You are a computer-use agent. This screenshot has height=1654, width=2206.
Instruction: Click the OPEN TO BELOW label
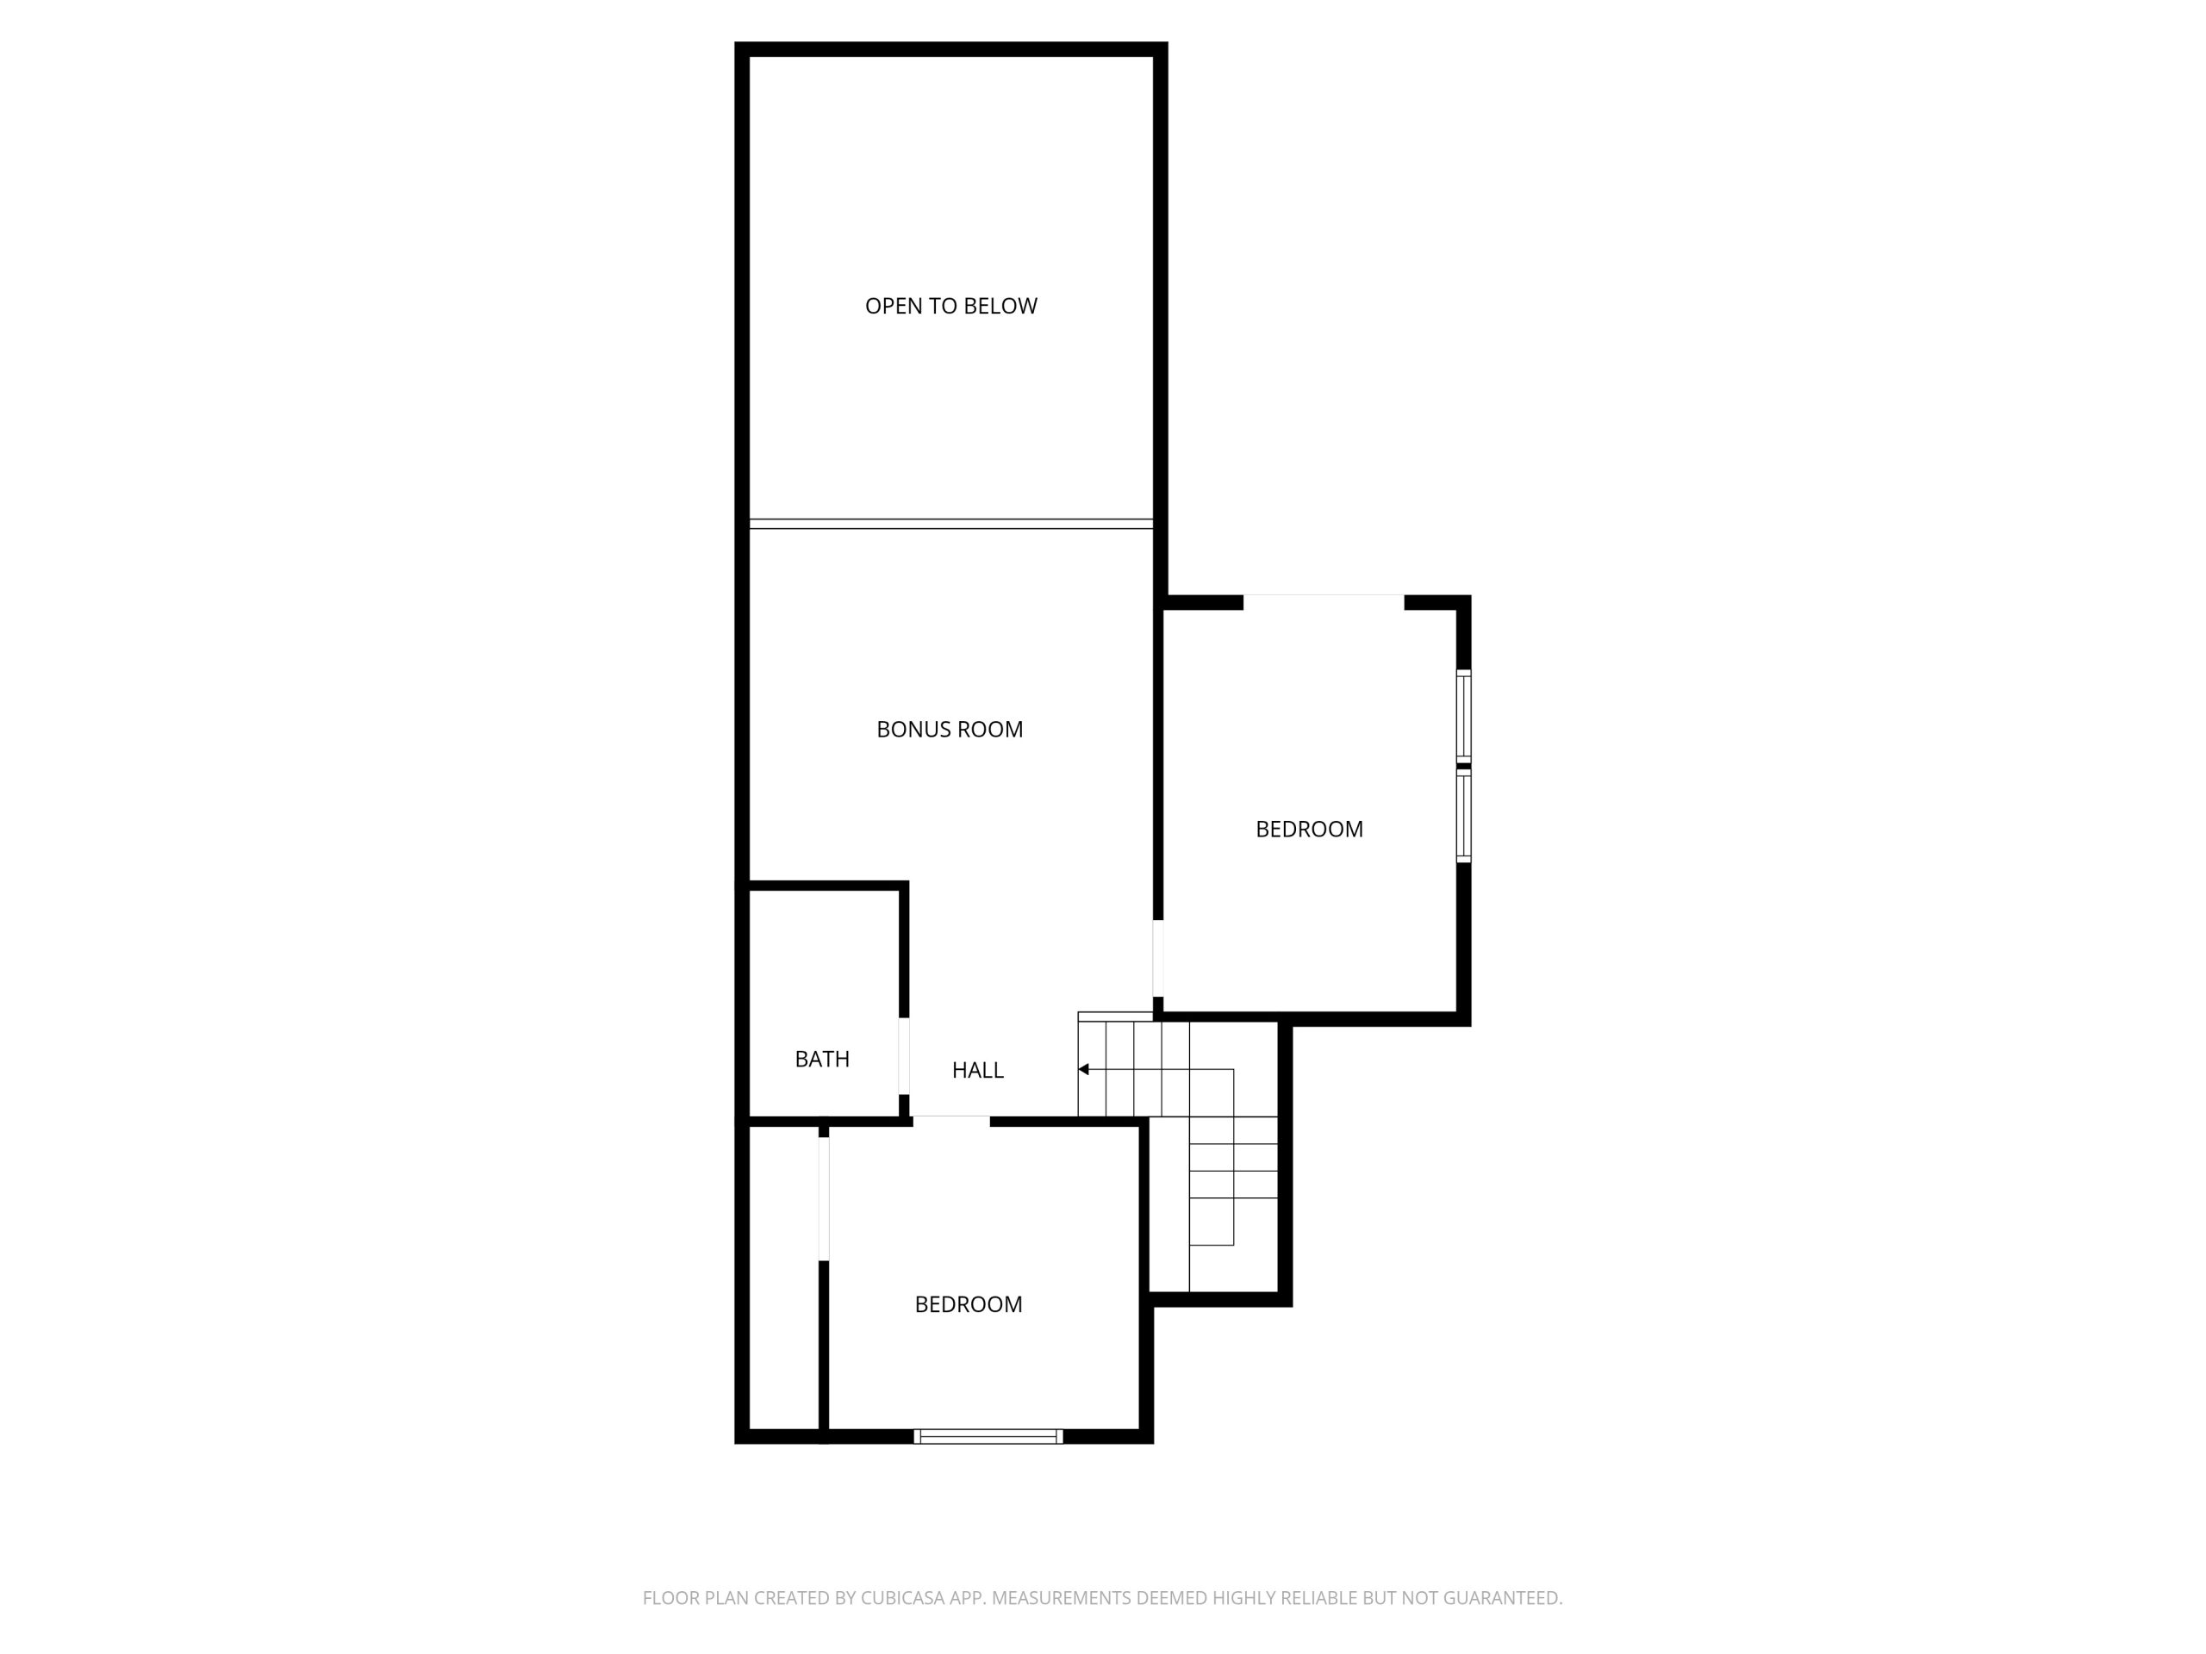950,306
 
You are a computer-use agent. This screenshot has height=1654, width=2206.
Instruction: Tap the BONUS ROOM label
950,730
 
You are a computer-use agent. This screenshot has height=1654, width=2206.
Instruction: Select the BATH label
822,1060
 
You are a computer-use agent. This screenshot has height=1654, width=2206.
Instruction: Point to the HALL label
977,1071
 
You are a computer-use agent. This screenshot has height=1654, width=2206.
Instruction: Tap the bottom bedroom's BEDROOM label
969,1305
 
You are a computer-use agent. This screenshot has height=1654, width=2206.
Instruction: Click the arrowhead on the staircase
1083,1070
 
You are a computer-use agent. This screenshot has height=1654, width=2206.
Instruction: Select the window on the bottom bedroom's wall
988,1437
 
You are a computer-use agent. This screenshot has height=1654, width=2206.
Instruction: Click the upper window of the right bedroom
1464,716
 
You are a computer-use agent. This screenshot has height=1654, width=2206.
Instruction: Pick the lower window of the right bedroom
1464,816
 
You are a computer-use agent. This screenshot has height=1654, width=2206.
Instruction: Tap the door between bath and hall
904,1057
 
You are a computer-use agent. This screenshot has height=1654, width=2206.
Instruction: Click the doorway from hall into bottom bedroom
951,1122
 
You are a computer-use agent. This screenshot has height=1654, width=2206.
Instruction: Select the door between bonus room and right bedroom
1158,958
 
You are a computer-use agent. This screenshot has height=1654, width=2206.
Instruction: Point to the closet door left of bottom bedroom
824,1199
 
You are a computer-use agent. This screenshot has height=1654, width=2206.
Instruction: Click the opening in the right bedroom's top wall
1324,602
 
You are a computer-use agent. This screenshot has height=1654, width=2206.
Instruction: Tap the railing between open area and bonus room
951,524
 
